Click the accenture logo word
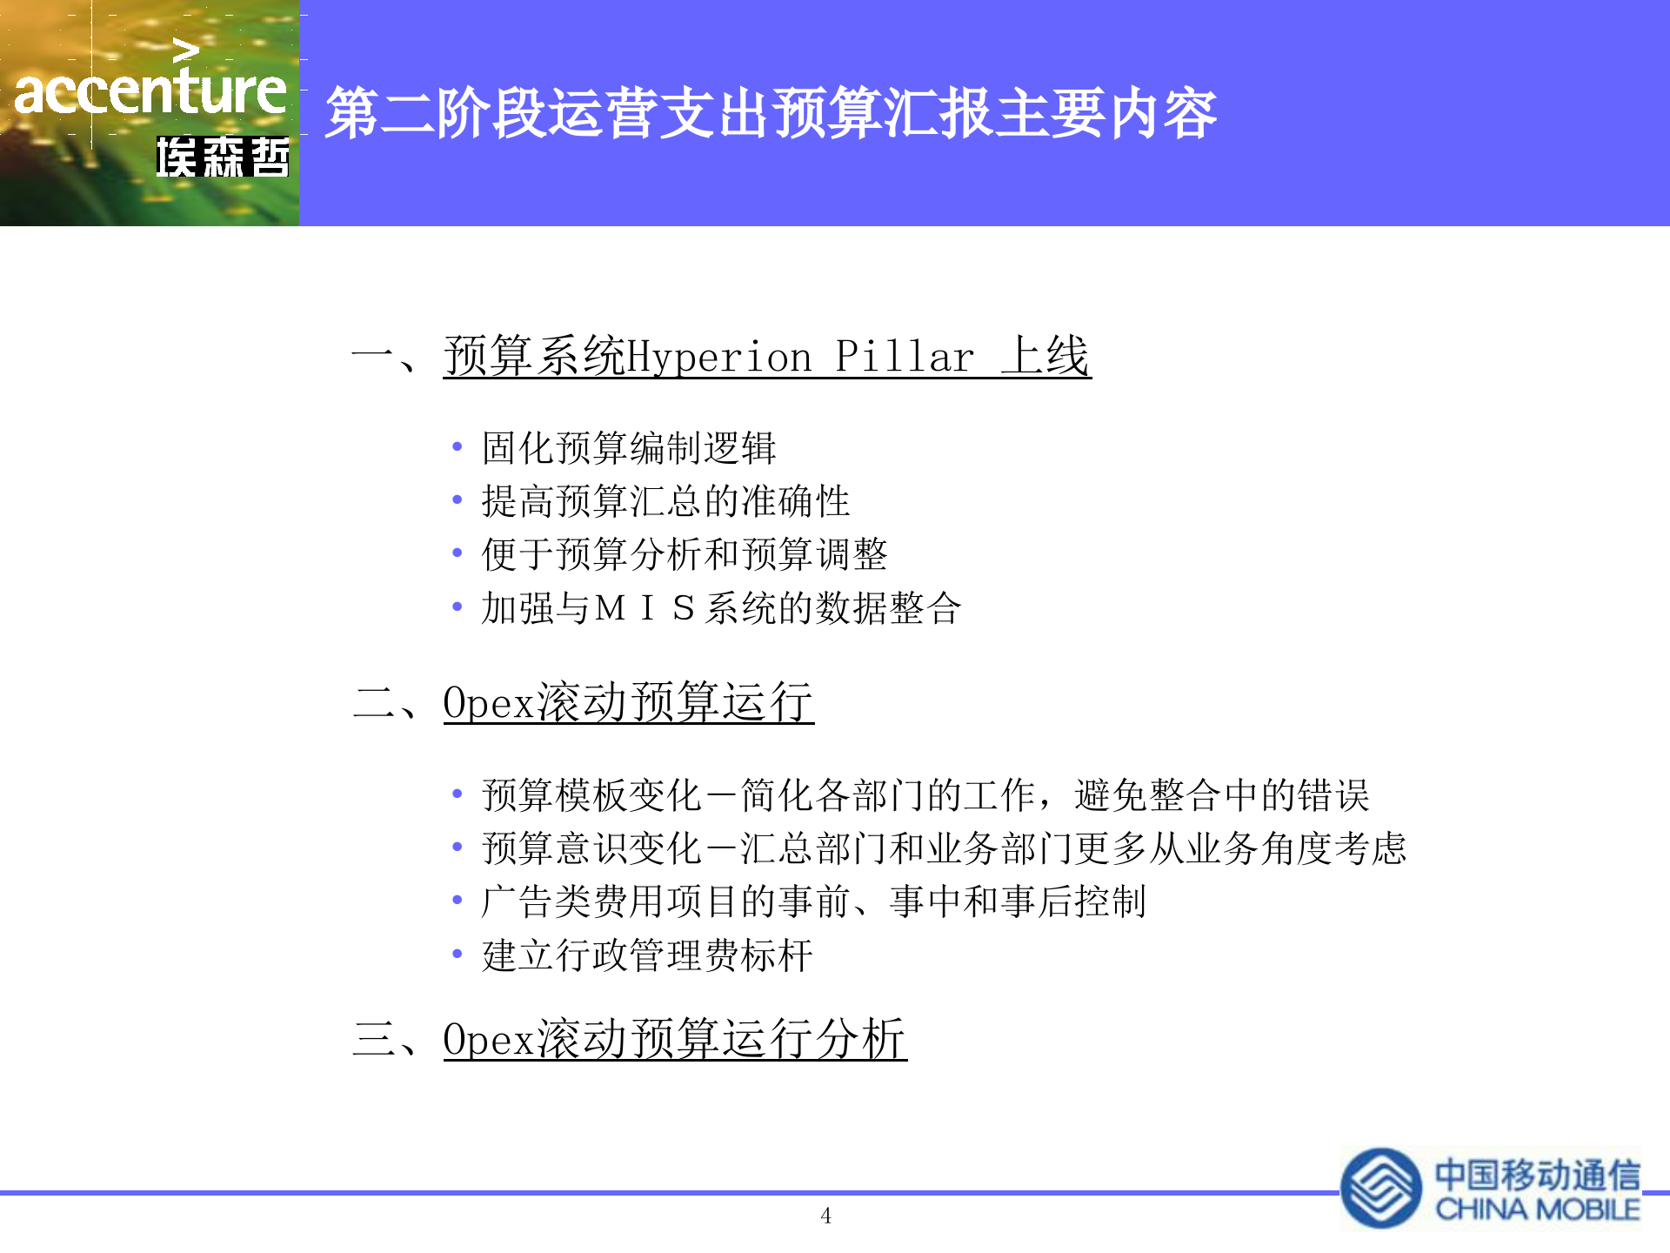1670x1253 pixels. [150, 91]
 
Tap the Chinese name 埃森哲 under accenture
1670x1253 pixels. [223, 158]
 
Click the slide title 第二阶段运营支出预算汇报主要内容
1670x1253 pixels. [771, 114]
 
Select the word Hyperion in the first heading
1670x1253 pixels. [719, 358]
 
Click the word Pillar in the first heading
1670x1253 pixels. [905, 357]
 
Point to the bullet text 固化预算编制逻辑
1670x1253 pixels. [628, 448]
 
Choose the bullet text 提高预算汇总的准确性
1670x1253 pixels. [665, 501]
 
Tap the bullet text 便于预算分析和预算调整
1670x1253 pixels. [684, 554]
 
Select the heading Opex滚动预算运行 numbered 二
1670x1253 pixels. [628, 702]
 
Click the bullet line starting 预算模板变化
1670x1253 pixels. [925, 795]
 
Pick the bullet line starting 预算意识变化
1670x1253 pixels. [944, 848]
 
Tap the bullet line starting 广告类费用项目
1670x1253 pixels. [813, 901]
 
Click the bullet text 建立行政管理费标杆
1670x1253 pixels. [647, 955]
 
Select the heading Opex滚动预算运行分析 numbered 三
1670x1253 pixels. [675, 1039]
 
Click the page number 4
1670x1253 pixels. [825, 1216]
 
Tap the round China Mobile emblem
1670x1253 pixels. [1381, 1188]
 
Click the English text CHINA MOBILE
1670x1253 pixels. [1537, 1209]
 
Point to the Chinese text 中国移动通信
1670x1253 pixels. [1537, 1175]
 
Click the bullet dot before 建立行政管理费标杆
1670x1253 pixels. [457, 955]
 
